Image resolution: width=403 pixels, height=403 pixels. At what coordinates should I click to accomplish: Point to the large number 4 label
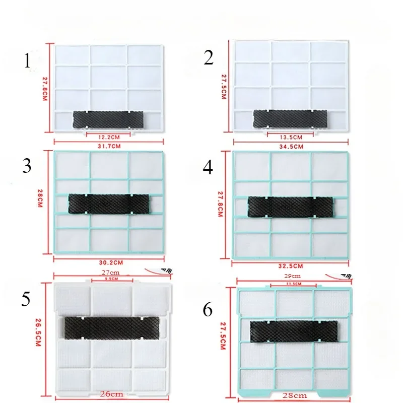pos(208,168)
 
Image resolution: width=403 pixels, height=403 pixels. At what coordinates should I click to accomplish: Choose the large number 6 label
pos(208,310)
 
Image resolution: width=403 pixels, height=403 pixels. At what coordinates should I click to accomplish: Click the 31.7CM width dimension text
pos(108,146)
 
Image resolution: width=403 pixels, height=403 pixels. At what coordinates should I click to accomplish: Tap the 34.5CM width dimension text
pos(291,146)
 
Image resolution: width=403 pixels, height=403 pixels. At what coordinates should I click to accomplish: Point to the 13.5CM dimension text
pos(291,137)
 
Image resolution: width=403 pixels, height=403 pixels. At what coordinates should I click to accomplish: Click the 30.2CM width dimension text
pos(108,262)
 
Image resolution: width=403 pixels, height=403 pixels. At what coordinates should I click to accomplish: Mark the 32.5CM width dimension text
pos(291,265)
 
